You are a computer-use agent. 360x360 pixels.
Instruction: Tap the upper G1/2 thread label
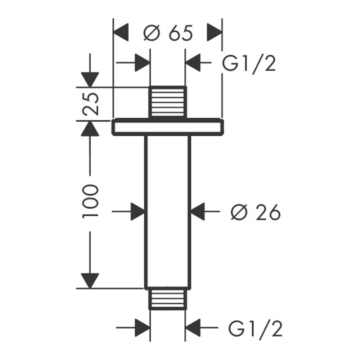coord(249,65)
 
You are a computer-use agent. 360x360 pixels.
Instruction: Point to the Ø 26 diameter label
coord(255,213)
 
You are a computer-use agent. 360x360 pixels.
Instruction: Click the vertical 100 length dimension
coord(90,202)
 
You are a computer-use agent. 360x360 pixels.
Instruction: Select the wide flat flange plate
coord(168,127)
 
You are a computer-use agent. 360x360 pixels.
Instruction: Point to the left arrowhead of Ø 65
coord(121,33)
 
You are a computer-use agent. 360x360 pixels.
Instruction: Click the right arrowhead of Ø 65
coord(215,33)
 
